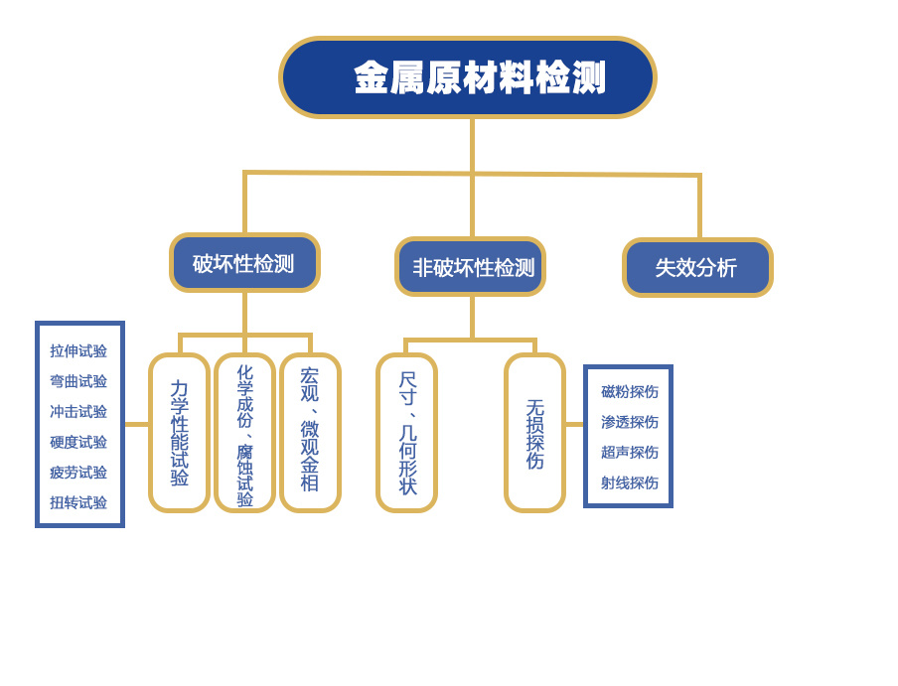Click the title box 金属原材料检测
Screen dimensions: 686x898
468,77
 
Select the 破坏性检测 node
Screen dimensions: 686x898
244,263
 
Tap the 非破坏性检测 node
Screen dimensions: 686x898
471,267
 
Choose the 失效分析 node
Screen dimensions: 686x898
697,267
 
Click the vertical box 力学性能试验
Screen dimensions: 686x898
180,433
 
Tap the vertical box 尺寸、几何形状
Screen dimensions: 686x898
407,433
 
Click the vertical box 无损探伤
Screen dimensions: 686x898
534,433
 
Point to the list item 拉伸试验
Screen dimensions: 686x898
78,351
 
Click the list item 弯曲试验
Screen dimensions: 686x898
78,381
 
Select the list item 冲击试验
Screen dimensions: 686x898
78,412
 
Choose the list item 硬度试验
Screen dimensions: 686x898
78,442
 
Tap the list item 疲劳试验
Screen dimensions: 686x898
78,473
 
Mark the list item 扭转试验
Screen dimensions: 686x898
78,502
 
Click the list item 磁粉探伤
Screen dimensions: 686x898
629,392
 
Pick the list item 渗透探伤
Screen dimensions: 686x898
629,422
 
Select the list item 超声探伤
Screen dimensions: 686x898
629,452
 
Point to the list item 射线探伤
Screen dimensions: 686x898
629,482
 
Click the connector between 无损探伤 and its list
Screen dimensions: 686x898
574,424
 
